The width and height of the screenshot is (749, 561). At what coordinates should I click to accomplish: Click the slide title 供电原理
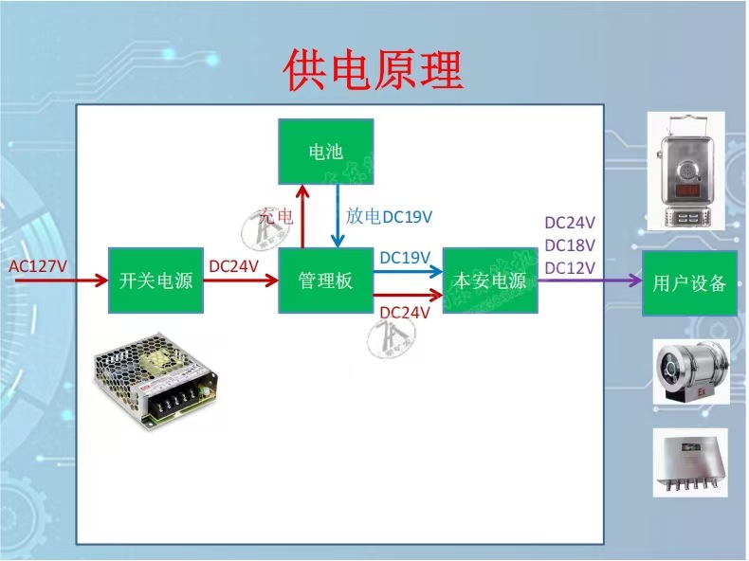(x=374, y=71)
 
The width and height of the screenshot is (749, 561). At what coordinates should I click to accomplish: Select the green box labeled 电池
(x=325, y=152)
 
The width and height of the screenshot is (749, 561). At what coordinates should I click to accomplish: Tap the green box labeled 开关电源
(x=155, y=281)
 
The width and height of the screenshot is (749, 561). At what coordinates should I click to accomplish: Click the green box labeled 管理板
(x=325, y=281)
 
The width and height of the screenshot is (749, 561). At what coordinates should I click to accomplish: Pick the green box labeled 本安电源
(x=490, y=281)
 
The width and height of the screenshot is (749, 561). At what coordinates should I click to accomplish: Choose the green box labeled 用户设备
(x=689, y=282)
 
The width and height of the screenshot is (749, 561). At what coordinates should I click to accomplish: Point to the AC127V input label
(x=38, y=266)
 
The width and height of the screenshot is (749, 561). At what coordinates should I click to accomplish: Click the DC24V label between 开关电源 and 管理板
(x=233, y=266)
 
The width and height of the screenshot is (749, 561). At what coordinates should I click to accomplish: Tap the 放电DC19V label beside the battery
(x=389, y=217)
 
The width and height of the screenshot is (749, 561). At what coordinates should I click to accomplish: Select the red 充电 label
(x=276, y=217)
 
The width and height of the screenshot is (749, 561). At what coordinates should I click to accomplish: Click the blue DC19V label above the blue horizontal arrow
(x=405, y=257)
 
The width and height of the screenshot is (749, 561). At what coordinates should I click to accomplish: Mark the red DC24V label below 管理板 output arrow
(x=405, y=313)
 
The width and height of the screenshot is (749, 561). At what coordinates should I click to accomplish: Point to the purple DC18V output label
(x=570, y=245)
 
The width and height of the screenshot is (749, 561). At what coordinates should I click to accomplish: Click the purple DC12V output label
(x=570, y=267)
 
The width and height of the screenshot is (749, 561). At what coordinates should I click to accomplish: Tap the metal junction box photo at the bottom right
(x=689, y=461)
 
